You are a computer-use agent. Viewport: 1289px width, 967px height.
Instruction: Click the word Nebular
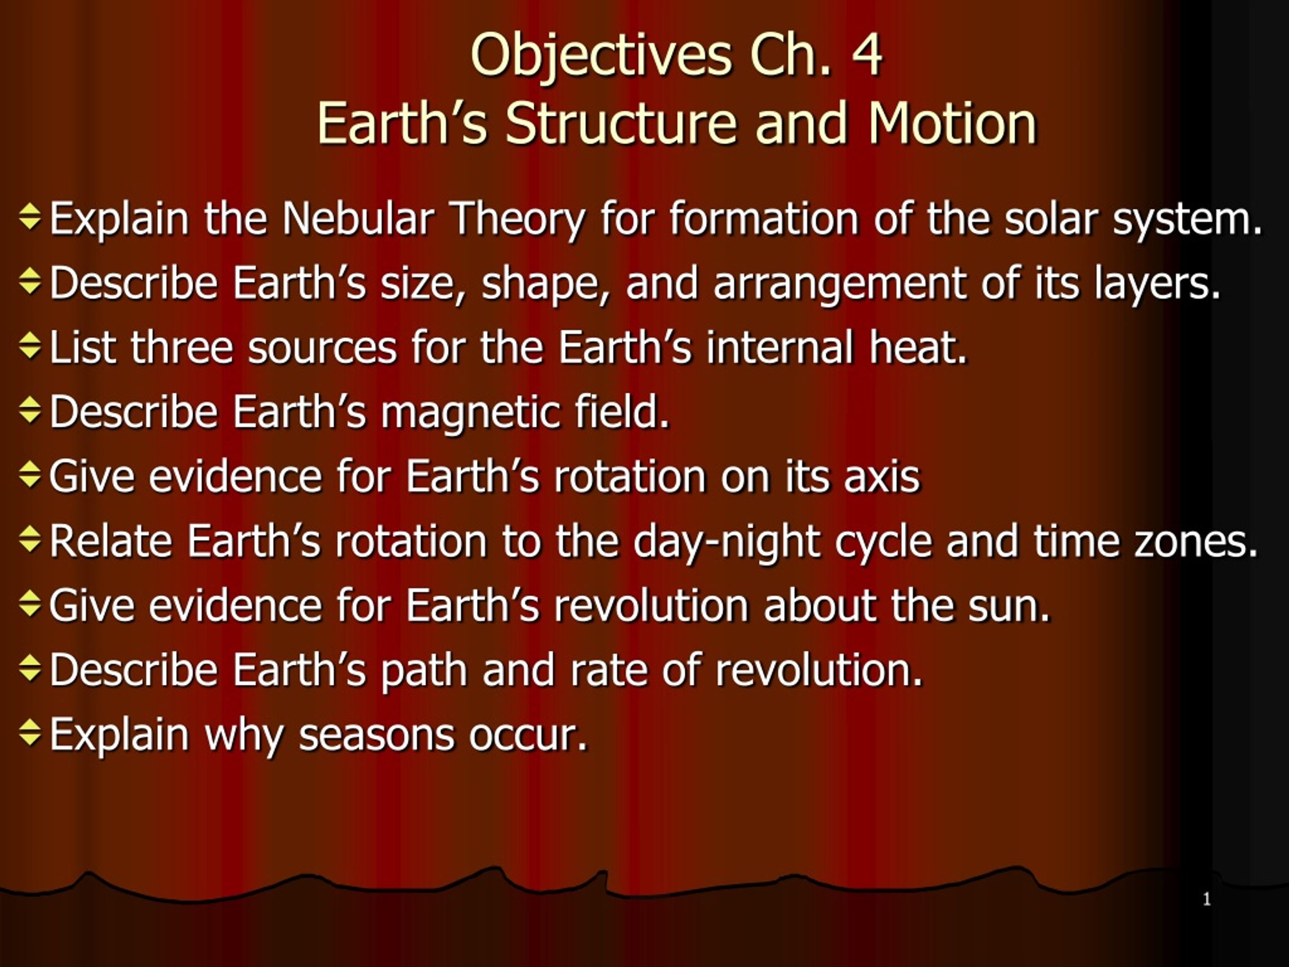click(x=358, y=218)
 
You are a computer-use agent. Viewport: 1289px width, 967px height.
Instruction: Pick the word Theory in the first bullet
click(x=519, y=220)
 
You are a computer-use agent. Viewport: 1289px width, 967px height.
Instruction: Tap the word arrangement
click(x=840, y=285)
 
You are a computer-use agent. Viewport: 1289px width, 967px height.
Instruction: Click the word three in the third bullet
click(x=182, y=348)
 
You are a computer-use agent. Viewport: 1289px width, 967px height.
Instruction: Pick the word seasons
click(x=376, y=736)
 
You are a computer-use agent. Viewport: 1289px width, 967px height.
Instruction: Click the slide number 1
click(x=1207, y=900)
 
